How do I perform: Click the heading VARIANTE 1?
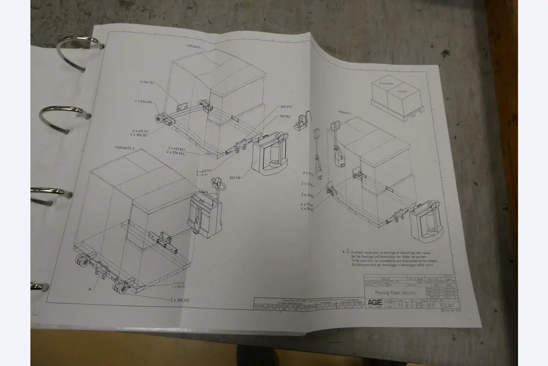195,46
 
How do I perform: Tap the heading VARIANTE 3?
125,148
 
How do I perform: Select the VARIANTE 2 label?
344,112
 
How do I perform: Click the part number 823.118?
235,177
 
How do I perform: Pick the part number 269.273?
286,107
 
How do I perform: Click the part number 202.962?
285,116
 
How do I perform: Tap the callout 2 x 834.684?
144,102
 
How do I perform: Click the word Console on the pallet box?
402,91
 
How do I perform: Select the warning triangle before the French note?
348,252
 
